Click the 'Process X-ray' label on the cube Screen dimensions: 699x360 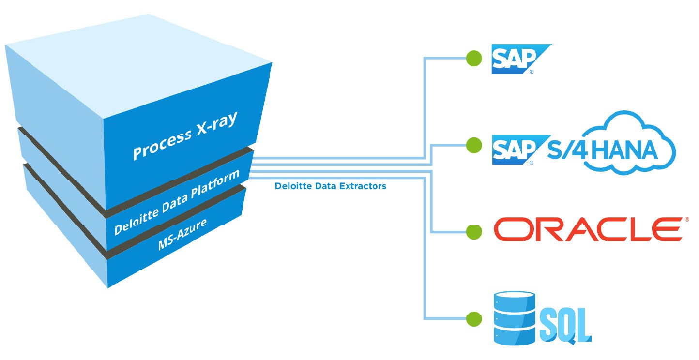pos(185,136)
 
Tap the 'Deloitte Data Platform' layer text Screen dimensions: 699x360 pos(177,202)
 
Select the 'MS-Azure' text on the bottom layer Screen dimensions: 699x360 pos(182,234)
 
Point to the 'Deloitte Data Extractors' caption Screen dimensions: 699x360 pos(331,186)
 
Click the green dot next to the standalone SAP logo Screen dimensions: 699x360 pos(474,59)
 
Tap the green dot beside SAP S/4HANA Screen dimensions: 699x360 pos(474,145)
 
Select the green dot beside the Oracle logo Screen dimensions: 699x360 pos(474,232)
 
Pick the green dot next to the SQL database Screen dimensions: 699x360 pos(474,319)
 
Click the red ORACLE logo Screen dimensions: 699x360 pos(588,229)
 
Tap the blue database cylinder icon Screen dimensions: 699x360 pos(515,318)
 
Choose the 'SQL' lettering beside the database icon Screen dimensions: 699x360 pos(565,325)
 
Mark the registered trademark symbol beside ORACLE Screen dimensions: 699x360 pos(686,220)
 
